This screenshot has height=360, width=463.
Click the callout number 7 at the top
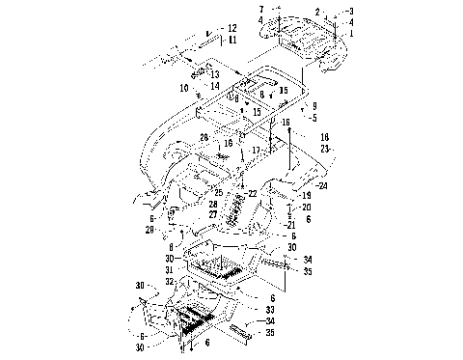[260, 9]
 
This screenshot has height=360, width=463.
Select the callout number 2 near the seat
[316, 12]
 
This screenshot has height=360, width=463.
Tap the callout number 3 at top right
[351, 11]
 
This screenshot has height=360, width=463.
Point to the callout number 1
[351, 33]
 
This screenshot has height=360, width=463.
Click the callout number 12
[231, 28]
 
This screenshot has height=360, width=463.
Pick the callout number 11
[231, 40]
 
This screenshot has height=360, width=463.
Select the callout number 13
[214, 74]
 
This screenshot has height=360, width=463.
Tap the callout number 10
[183, 87]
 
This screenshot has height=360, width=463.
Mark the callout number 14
[214, 85]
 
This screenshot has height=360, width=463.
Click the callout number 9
[313, 104]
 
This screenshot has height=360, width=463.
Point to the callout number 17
[256, 151]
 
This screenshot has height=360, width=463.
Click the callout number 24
[323, 186]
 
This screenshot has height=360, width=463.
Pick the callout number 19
[307, 196]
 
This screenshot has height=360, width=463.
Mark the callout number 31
[169, 271]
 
